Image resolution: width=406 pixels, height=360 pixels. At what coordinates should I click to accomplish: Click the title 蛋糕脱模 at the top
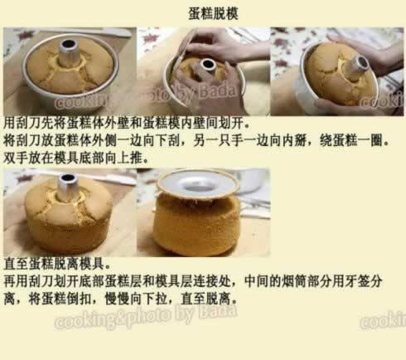click(213, 13)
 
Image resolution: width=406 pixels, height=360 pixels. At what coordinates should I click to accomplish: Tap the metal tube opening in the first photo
click(68, 44)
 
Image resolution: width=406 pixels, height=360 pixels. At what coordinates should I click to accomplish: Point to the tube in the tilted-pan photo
click(360, 66)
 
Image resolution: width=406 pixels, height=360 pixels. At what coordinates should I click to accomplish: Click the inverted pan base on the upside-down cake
click(197, 182)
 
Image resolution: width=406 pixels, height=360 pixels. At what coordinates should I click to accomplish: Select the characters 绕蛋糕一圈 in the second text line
click(351, 140)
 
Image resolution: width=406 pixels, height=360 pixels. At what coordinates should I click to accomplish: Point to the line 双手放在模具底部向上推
click(76, 158)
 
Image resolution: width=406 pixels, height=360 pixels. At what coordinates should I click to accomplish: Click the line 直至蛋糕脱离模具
click(57, 264)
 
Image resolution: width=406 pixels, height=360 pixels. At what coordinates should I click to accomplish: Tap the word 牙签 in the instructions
click(357, 281)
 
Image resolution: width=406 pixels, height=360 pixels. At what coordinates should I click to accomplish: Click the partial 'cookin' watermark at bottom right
click(383, 320)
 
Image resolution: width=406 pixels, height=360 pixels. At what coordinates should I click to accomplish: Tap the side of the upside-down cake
click(196, 224)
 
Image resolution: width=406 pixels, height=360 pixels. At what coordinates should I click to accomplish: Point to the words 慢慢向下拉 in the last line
click(136, 299)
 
